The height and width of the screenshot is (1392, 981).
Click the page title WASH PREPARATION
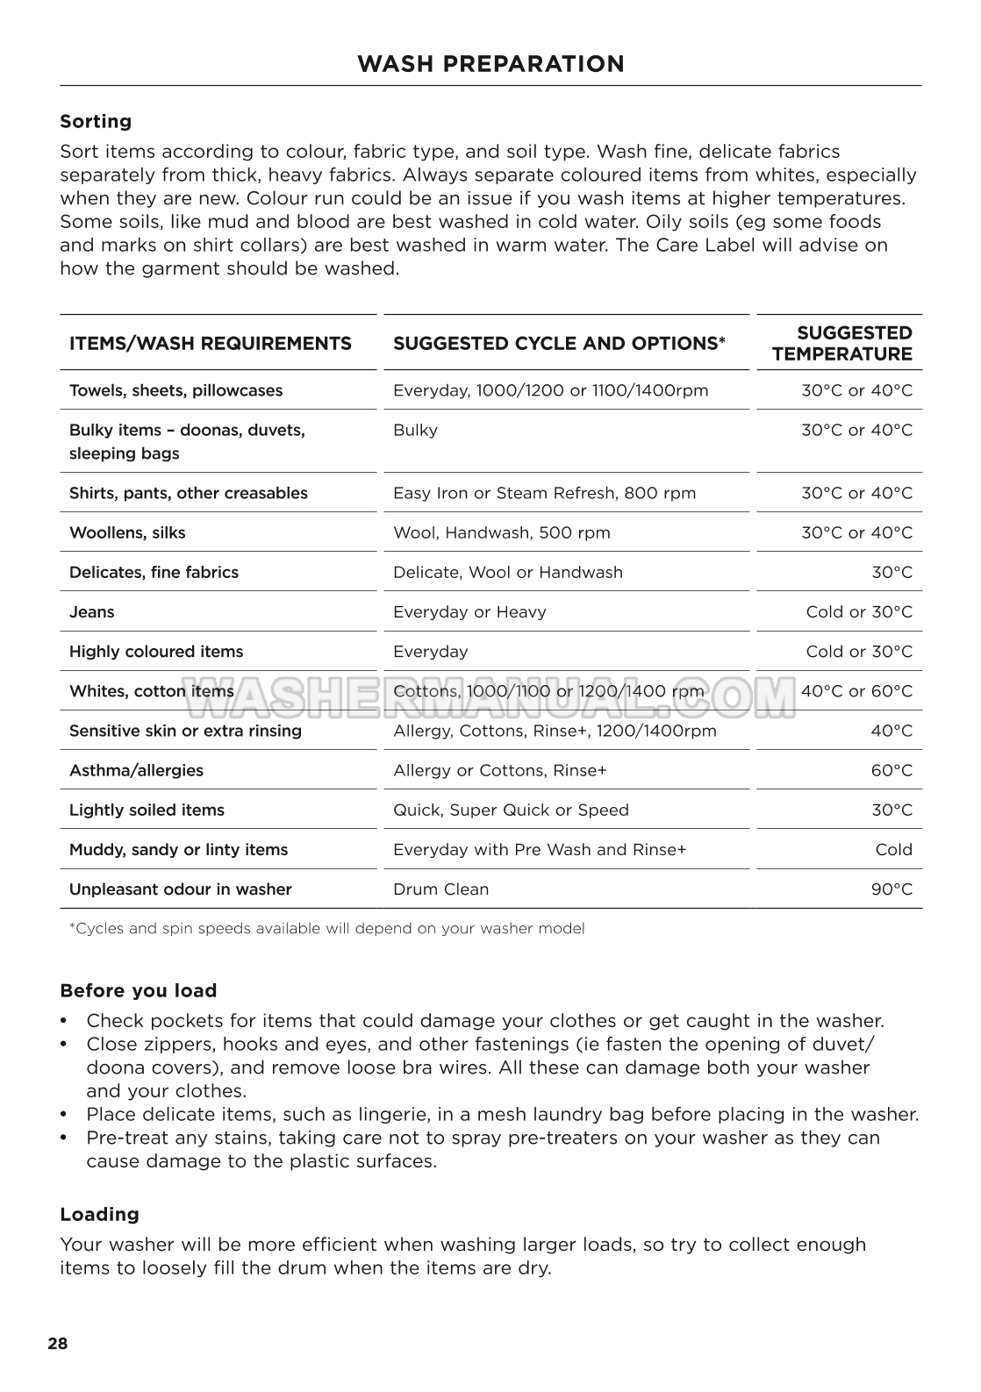click(x=490, y=64)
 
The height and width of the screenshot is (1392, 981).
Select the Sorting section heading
click(x=96, y=121)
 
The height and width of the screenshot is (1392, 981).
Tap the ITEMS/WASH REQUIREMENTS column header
click(x=210, y=343)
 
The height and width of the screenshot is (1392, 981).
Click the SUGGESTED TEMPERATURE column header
click(x=841, y=343)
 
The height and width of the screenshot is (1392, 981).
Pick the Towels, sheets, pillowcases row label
click(x=175, y=390)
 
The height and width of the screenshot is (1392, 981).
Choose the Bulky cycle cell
click(x=415, y=430)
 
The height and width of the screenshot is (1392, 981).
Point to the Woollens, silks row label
click(x=127, y=532)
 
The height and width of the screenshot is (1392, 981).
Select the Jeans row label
click(x=91, y=611)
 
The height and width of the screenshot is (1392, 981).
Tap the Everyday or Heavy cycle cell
click(x=469, y=611)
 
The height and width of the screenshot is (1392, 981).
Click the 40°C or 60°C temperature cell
click(x=856, y=691)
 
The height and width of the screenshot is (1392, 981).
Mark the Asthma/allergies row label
click(x=136, y=770)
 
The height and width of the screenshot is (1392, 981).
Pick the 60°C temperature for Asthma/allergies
click(x=891, y=770)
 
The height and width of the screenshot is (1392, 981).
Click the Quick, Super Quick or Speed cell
click(x=511, y=810)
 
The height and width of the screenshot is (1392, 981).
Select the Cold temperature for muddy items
click(x=893, y=849)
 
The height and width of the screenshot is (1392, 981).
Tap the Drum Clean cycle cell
click(x=440, y=889)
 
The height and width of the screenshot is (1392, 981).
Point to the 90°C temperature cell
click(x=891, y=889)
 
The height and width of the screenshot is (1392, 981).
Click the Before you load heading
click(x=138, y=990)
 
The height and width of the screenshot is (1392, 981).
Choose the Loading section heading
click(x=99, y=1214)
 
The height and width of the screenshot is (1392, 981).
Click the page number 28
click(x=58, y=1344)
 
